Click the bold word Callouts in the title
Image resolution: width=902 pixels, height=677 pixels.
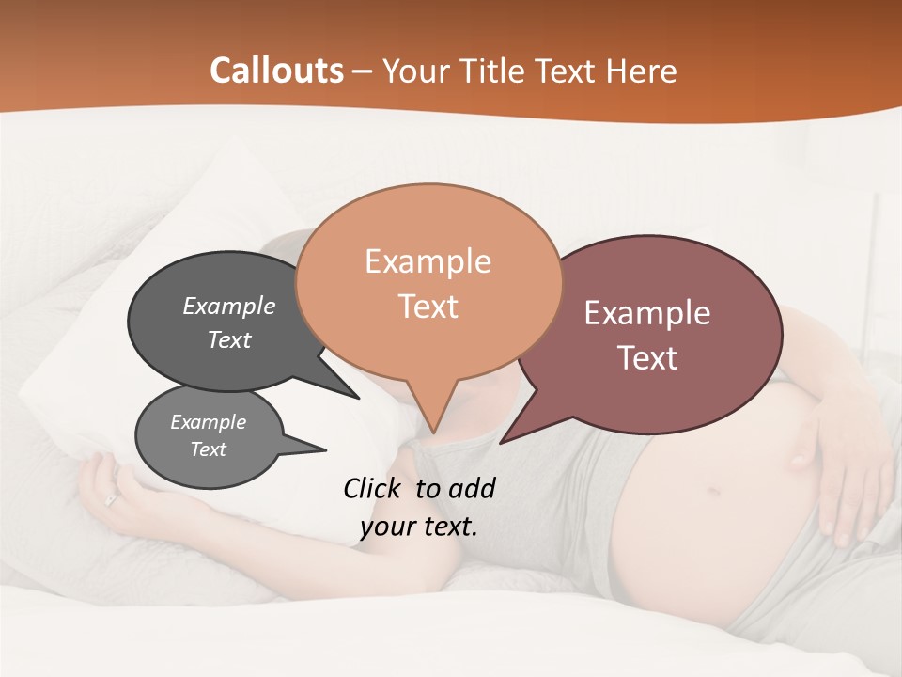[276, 71]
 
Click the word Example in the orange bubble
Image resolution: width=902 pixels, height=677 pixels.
[428, 260]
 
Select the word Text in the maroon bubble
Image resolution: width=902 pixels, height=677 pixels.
[647, 358]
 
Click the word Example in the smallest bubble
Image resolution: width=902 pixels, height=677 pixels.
[208, 422]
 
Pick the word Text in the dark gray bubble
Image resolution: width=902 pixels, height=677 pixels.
[228, 340]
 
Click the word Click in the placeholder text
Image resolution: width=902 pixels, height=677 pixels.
[371, 488]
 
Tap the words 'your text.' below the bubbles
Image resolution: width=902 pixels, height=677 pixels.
[418, 527]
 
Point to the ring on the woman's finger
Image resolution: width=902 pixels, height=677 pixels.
[112, 499]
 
